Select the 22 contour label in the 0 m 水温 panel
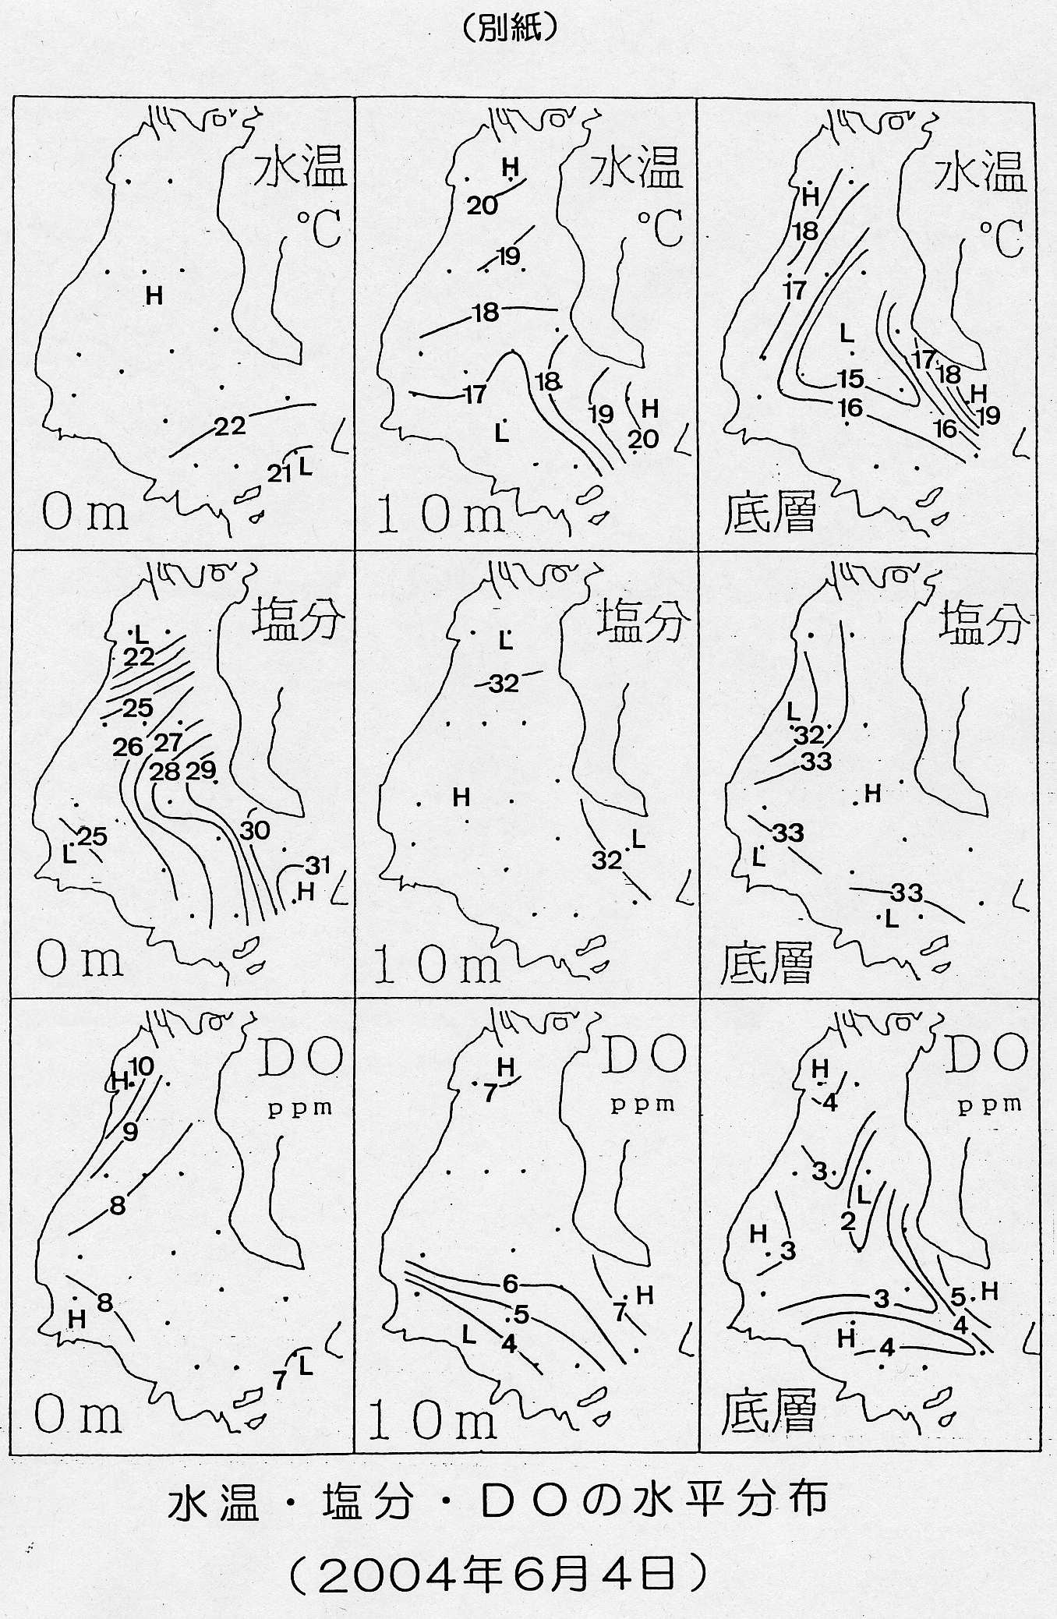click(230, 426)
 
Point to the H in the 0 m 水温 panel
click(154, 295)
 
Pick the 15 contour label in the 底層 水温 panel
click(850, 379)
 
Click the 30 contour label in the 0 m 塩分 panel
click(255, 830)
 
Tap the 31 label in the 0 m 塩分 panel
click(317, 864)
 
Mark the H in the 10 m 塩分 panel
click(461, 797)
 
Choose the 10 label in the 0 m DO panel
click(142, 1066)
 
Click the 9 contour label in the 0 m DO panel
click(130, 1132)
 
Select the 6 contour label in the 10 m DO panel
click(511, 1283)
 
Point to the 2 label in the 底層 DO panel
click(848, 1221)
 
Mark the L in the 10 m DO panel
click(468, 1334)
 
